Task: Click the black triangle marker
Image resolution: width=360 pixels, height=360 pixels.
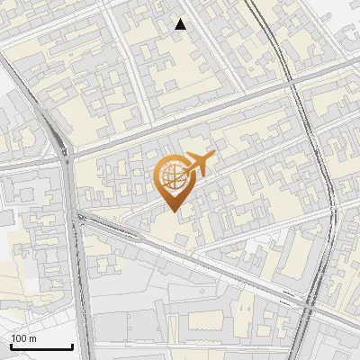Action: click(x=181, y=24)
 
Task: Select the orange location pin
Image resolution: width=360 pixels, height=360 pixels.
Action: click(x=174, y=181)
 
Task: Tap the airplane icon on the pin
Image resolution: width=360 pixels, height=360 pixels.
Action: click(x=198, y=164)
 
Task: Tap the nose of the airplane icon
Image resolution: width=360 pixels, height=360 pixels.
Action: click(x=212, y=157)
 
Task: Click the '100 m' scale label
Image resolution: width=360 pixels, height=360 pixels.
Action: click(x=24, y=338)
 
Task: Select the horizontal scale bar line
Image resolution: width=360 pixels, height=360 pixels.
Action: click(x=41, y=347)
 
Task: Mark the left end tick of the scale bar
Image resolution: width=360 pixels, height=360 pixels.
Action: click(x=11, y=346)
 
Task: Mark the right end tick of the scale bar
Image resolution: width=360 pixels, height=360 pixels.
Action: click(x=72, y=346)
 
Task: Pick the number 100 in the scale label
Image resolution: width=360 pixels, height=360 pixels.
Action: click(x=20, y=338)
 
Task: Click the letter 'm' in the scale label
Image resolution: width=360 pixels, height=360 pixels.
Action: click(x=33, y=338)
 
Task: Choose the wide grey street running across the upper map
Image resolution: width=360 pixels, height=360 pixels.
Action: click(x=180, y=121)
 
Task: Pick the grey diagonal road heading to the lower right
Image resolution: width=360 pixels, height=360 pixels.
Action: click(x=198, y=261)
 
